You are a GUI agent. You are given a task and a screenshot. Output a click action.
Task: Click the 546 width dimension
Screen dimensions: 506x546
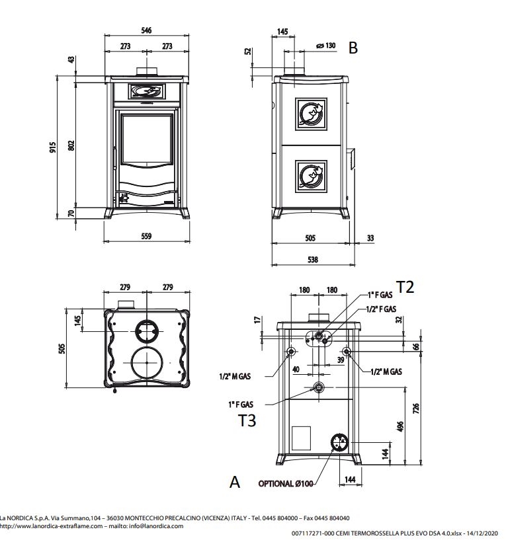146,30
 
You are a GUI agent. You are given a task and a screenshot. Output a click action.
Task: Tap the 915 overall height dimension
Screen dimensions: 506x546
52,147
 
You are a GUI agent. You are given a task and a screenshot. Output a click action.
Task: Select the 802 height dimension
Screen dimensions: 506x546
71,145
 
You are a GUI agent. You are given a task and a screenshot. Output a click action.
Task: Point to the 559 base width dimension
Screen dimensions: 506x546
146,236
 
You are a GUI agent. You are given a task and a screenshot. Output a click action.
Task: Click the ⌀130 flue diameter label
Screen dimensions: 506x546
326,46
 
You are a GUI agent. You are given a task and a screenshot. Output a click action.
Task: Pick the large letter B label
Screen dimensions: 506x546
353,48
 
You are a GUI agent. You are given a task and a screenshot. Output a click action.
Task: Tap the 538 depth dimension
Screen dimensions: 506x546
313,259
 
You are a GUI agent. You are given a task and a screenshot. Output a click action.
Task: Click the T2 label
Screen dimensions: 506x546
405,287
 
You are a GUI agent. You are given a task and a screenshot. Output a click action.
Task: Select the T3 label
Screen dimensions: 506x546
247,420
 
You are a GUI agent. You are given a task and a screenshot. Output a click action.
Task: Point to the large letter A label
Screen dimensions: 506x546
235,482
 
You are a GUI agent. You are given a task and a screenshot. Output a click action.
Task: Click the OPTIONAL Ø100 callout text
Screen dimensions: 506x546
285,483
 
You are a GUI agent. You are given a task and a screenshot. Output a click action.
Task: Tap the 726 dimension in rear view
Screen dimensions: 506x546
416,409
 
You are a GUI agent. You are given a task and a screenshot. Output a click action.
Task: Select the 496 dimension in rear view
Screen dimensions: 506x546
400,426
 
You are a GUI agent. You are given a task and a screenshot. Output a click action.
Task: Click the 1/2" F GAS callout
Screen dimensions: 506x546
381,309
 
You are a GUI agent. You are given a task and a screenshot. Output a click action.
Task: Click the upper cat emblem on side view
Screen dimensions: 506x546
311,114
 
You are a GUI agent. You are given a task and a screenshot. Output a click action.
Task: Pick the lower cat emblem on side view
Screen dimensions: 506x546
311,176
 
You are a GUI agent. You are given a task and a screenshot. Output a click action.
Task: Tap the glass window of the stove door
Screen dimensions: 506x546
147,139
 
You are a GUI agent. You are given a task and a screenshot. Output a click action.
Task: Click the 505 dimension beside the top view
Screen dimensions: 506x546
62,348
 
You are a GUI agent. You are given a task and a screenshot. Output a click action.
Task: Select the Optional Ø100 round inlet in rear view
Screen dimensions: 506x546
339,443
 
